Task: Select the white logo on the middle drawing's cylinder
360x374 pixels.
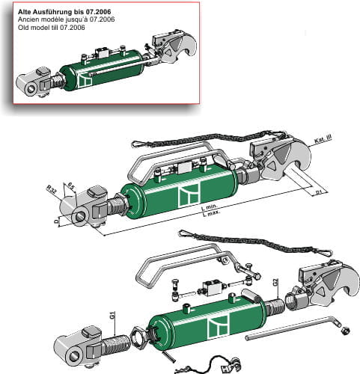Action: click(187, 197)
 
